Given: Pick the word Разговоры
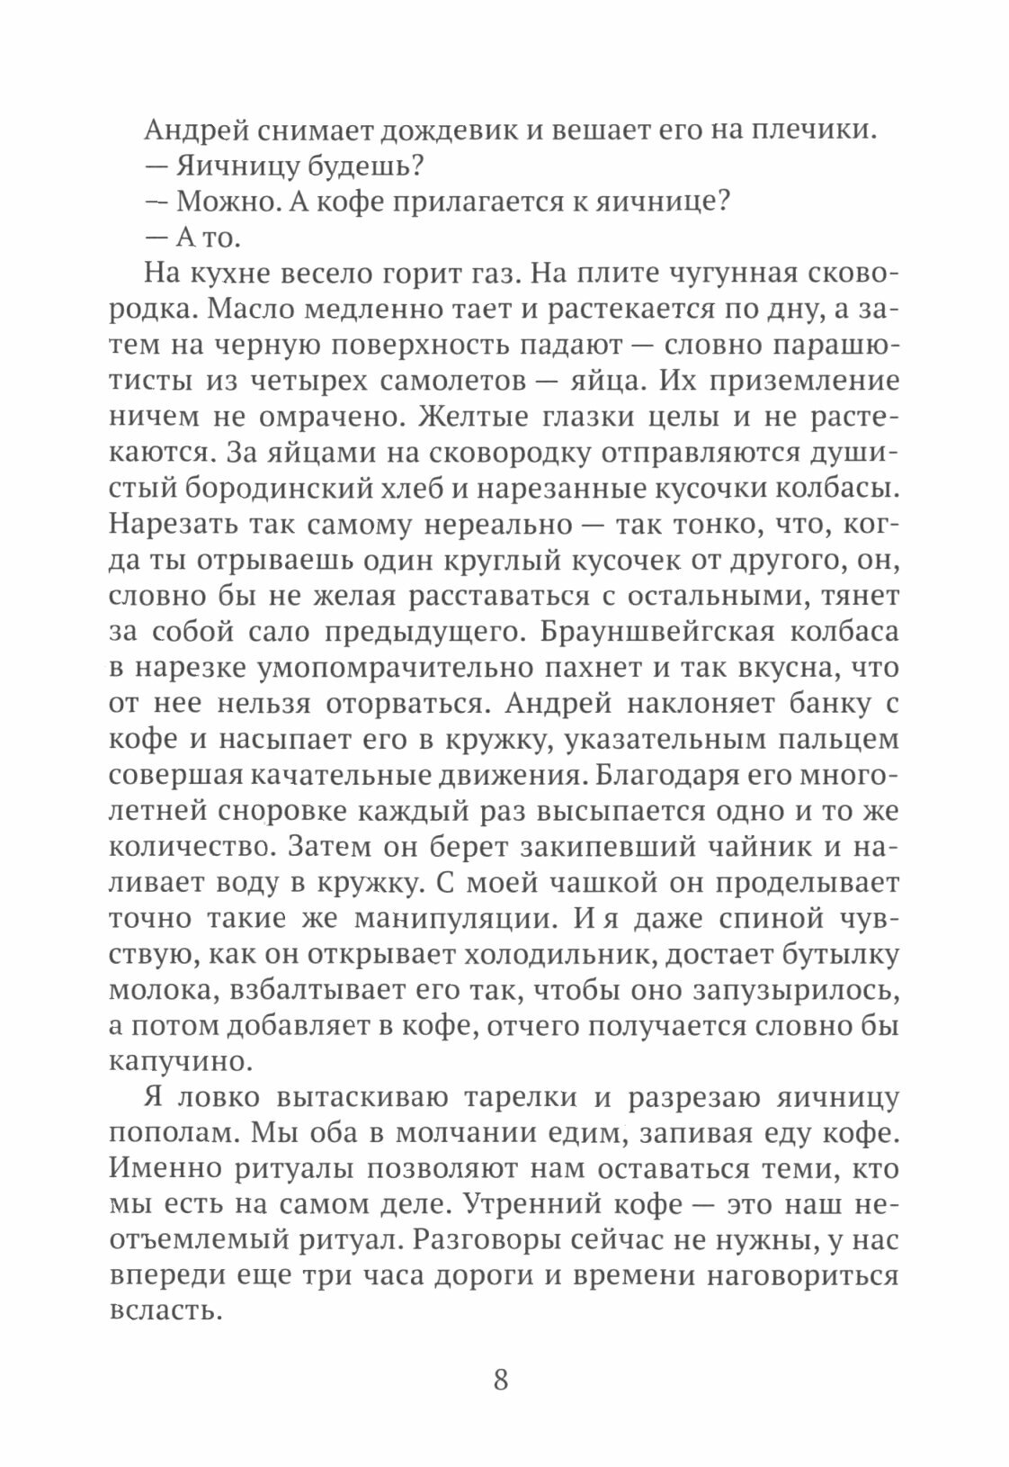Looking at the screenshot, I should [x=490, y=1241].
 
